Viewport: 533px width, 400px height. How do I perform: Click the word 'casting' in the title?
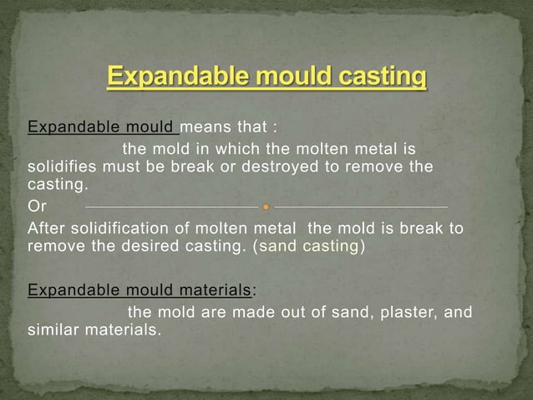tap(381, 79)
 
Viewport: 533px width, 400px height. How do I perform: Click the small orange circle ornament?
tap(266, 206)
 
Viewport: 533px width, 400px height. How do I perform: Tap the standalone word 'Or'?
tap(37, 206)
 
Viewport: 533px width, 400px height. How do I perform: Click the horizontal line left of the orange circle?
tap(171, 206)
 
